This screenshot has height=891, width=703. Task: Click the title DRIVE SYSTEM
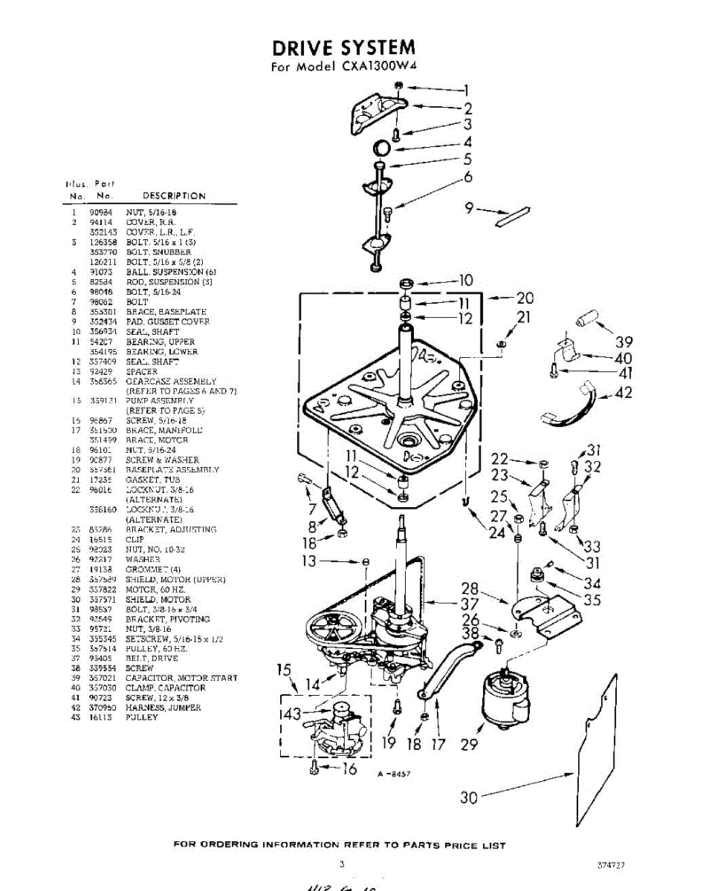point(343,48)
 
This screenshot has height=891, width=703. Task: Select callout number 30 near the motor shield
point(468,797)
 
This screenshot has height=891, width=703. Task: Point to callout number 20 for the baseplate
point(525,298)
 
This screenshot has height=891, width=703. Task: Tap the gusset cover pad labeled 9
point(514,216)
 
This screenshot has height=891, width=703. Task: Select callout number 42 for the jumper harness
point(624,393)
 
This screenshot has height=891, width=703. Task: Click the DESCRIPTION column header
point(174,196)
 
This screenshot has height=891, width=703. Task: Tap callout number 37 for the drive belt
point(469,604)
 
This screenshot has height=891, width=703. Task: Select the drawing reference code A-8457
point(394,774)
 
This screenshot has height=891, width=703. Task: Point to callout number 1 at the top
point(467,91)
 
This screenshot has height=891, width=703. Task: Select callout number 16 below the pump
point(349,769)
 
